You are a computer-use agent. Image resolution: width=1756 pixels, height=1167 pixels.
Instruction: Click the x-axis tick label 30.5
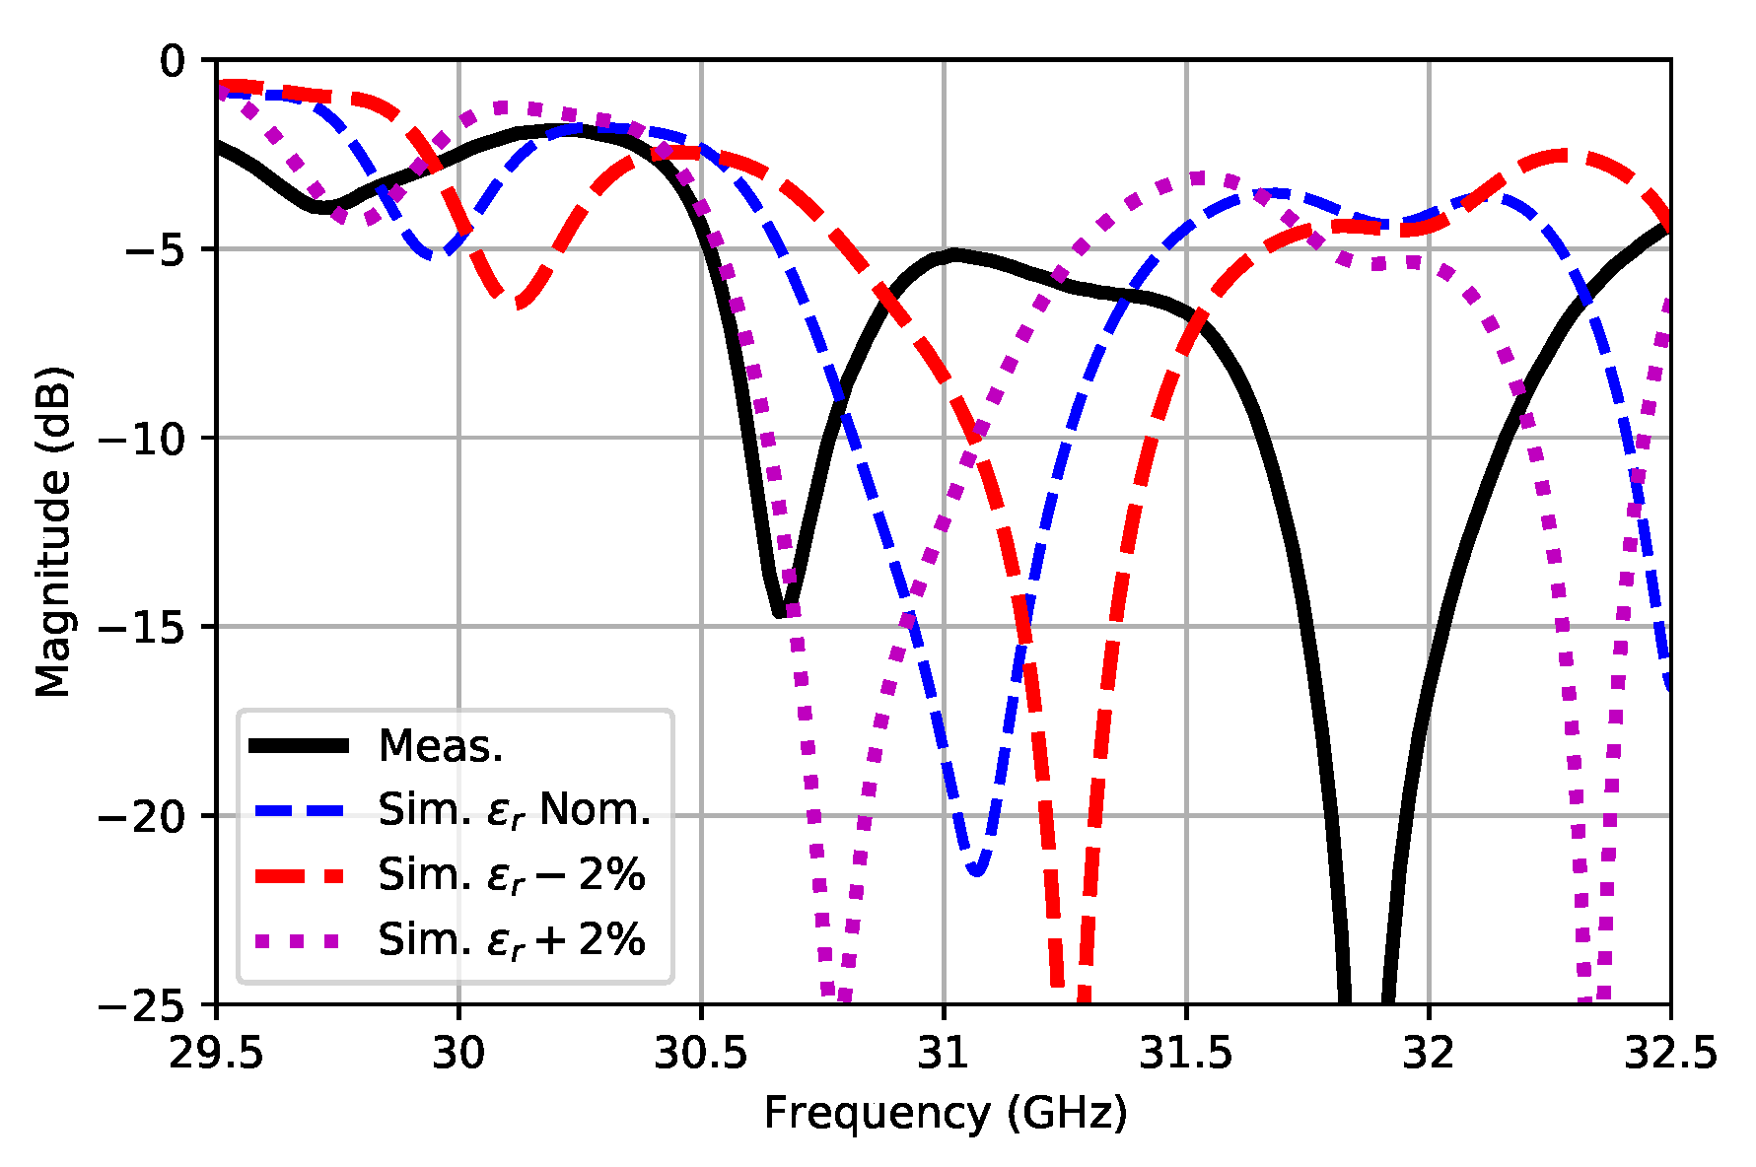[700, 1055]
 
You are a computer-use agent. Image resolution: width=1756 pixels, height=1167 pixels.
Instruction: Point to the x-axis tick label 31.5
[1185, 1055]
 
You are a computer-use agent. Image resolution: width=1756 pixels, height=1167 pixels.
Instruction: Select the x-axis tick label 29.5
[216, 1055]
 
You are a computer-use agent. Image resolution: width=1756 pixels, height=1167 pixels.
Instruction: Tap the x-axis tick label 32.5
[1670, 1055]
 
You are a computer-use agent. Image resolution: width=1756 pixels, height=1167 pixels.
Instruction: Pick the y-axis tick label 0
[173, 61]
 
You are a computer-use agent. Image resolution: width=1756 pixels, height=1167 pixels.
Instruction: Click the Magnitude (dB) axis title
[53, 532]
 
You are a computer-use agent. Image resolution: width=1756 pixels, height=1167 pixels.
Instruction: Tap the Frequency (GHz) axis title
[945, 1114]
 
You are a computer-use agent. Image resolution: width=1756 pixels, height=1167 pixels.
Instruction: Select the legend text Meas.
[441, 746]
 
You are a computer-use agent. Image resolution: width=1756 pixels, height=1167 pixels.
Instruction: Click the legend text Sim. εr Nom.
[514, 810]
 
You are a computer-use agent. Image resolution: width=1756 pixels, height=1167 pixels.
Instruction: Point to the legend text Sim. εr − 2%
[511, 875]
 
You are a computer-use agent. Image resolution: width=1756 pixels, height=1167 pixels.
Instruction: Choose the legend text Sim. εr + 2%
[511, 940]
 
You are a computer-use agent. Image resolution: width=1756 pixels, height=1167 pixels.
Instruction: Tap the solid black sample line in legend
[299, 746]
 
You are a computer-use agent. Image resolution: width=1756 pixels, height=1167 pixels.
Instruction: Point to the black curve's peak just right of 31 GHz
[954, 254]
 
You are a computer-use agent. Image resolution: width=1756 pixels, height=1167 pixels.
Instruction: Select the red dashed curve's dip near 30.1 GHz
[519, 302]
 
